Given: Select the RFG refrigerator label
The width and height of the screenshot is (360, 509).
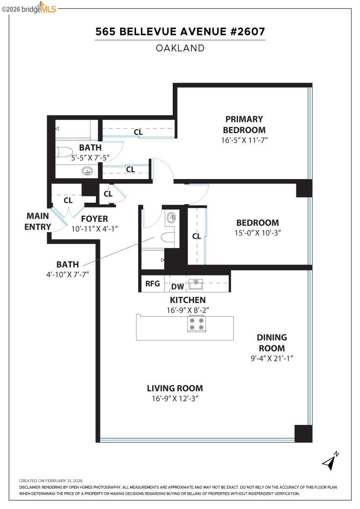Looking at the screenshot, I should (152, 284).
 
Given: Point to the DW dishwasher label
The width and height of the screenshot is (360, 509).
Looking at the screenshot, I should (177, 287).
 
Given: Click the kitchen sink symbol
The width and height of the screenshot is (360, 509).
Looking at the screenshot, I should (196, 284).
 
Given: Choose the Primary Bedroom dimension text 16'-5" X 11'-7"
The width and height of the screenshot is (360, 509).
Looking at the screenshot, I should (244, 140).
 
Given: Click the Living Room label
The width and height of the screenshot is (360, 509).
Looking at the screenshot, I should (175, 388).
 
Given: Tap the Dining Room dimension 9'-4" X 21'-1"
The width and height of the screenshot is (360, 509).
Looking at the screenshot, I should (272, 358).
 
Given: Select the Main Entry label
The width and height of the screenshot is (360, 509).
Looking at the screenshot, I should (38, 221).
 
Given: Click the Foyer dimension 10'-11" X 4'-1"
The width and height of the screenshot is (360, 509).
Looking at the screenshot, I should (95, 229).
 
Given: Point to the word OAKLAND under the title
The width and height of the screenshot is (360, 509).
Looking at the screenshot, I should (180, 48).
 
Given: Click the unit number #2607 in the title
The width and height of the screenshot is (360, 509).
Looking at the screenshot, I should (247, 32).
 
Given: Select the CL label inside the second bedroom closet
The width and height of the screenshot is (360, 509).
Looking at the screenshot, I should (196, 236).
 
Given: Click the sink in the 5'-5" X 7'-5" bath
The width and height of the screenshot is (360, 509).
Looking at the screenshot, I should (87, 171).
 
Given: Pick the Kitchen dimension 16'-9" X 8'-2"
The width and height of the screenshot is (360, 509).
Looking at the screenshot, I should (187, 310).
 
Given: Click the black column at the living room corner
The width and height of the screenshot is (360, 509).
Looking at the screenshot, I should (303, 433).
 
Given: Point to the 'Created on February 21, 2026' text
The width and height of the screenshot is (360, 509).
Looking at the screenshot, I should (50, 480).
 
